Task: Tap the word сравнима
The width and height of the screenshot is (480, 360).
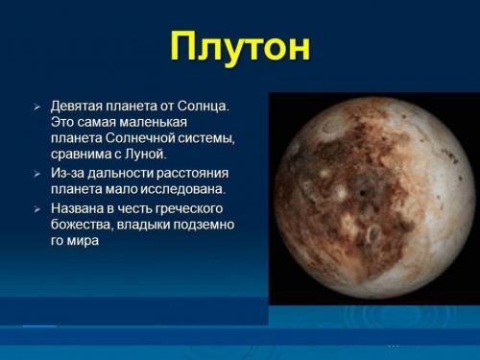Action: coord(81,154)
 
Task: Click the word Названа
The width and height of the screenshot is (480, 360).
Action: coord(77,207)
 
